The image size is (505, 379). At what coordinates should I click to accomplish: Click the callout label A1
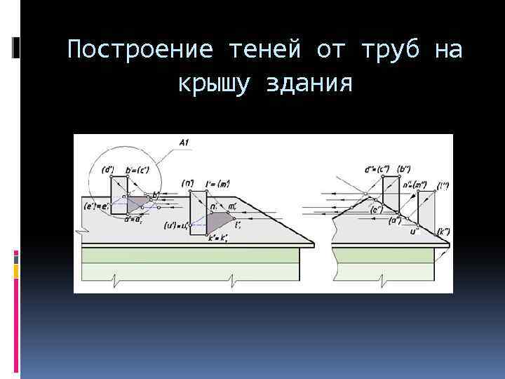point(184,143)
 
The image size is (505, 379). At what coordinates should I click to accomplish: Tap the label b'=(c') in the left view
point(140,169)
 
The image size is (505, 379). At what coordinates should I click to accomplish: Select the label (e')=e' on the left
point(95,206)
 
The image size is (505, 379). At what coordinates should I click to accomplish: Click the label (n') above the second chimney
point(188,183)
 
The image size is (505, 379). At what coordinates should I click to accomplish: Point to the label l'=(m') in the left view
point(220,184)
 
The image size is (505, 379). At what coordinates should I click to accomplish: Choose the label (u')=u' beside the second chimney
point(177,225)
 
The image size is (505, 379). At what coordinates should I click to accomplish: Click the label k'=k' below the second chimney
point(220,240)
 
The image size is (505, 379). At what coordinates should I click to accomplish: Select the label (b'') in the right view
point(405,168)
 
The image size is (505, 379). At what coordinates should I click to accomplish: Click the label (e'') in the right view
point(377,209)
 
